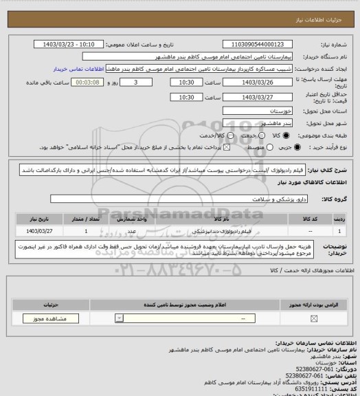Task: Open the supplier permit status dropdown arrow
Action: pyautogui.click(x=122, y=318)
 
